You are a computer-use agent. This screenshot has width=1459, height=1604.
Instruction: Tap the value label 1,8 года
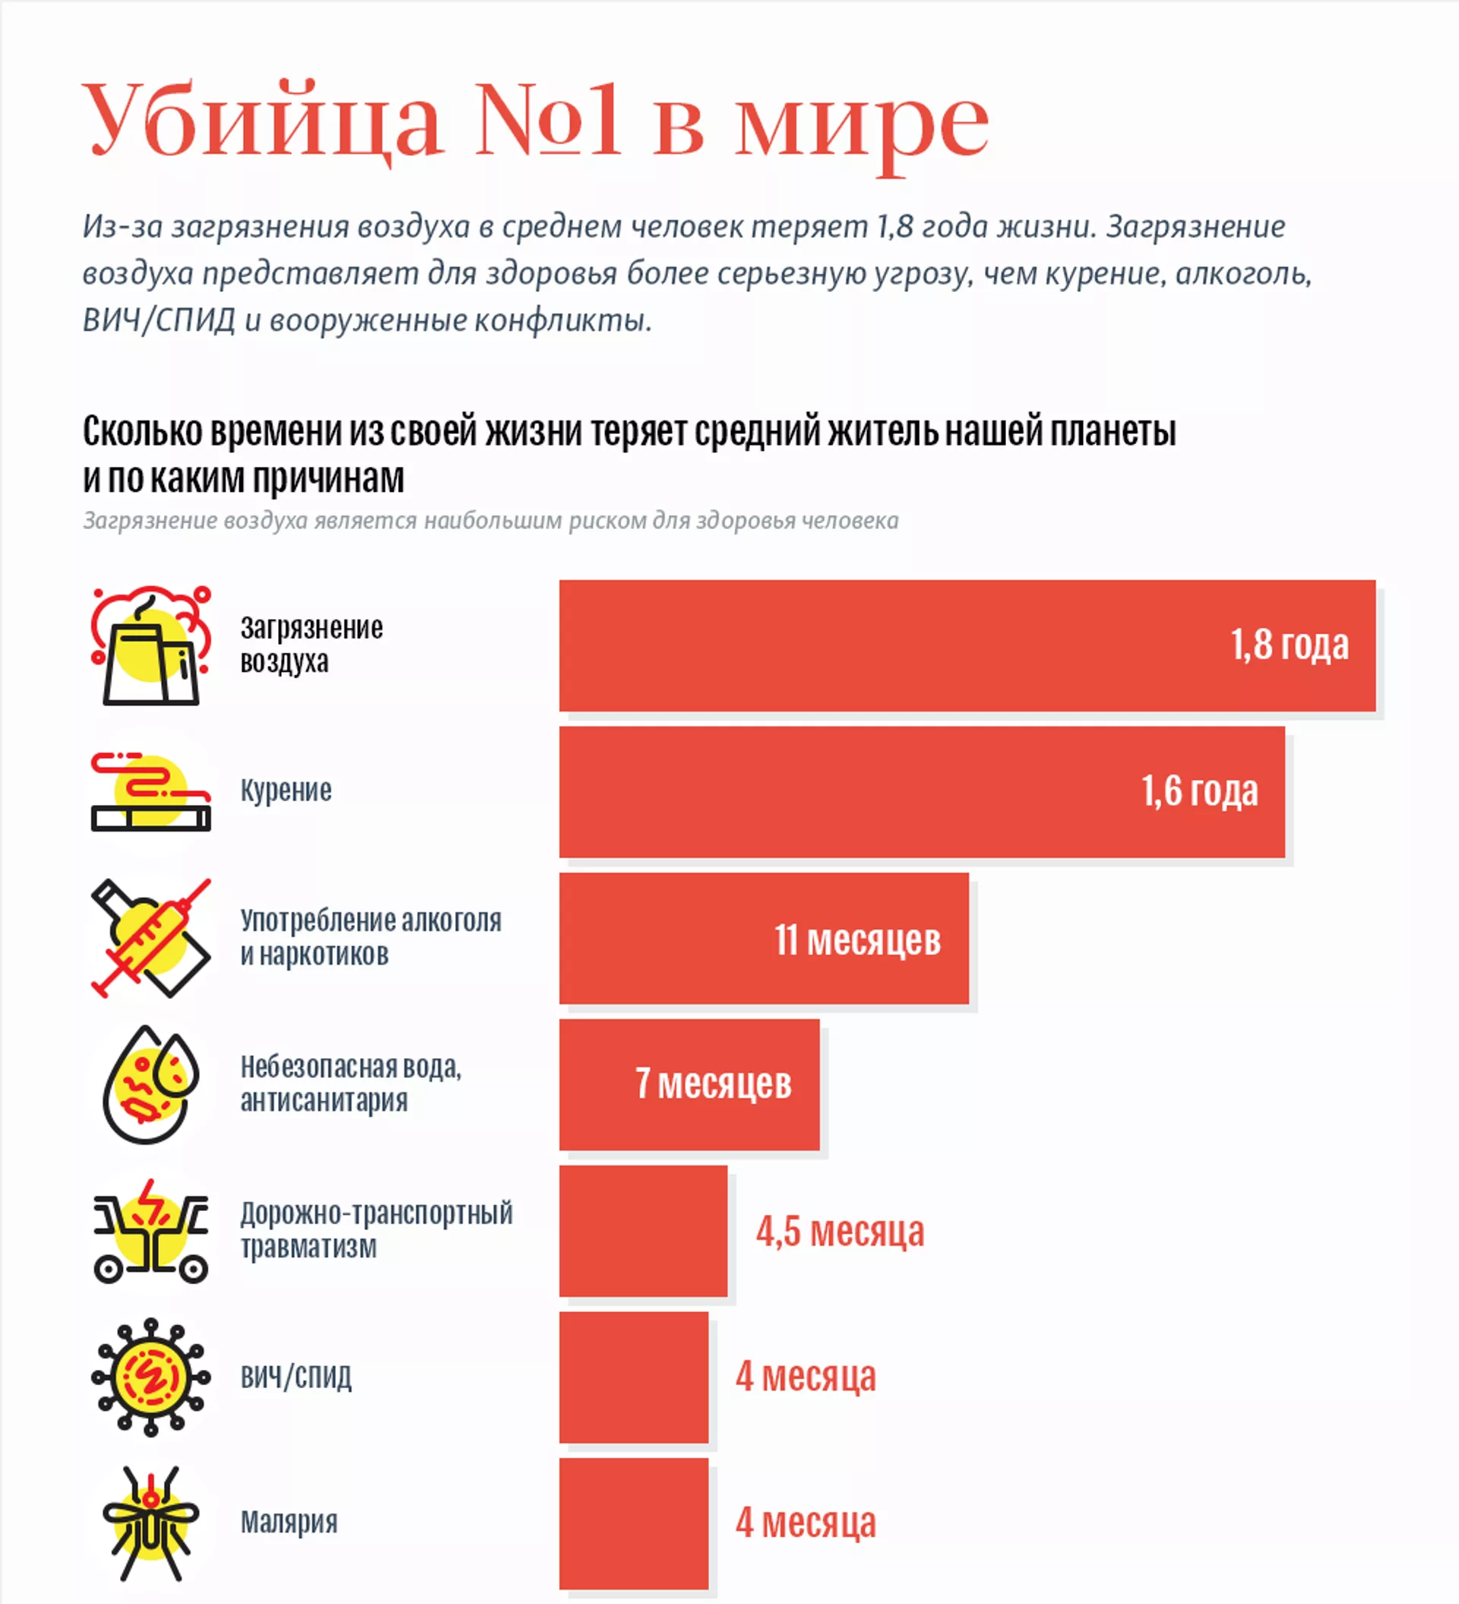tap(1289, 645)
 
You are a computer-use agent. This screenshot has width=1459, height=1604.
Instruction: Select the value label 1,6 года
tap(1199, 791)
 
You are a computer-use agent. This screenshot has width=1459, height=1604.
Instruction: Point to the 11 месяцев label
tap(857, 940)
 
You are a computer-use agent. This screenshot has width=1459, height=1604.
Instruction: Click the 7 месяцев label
tap(713, 1084)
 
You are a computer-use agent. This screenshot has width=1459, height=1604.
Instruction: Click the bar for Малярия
tap(633, 1523)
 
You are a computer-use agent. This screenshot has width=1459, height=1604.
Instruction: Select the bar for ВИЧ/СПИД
tap(633, 1377)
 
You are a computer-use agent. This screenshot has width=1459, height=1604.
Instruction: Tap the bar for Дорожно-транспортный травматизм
tap(643, 1231)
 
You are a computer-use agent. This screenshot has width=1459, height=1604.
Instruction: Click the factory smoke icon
tap(150, 645)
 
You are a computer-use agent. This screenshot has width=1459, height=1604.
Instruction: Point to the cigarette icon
tap(150, 791)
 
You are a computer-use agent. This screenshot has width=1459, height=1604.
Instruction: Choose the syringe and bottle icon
tap(150, 938)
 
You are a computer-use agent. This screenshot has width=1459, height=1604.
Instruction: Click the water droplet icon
tap(150, 1085)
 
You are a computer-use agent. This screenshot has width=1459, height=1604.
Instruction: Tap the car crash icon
tap(150, 1231)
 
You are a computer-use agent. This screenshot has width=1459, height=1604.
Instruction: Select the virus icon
tap(150, 1377)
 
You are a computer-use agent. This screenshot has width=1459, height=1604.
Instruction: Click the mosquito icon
tap(150, 1523)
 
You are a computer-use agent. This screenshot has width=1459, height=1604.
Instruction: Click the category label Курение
tap(286, 791)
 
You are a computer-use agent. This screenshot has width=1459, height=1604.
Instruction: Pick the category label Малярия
tap(289, 1522)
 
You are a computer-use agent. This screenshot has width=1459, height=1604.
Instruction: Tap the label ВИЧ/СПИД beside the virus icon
tap(296, 1377)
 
